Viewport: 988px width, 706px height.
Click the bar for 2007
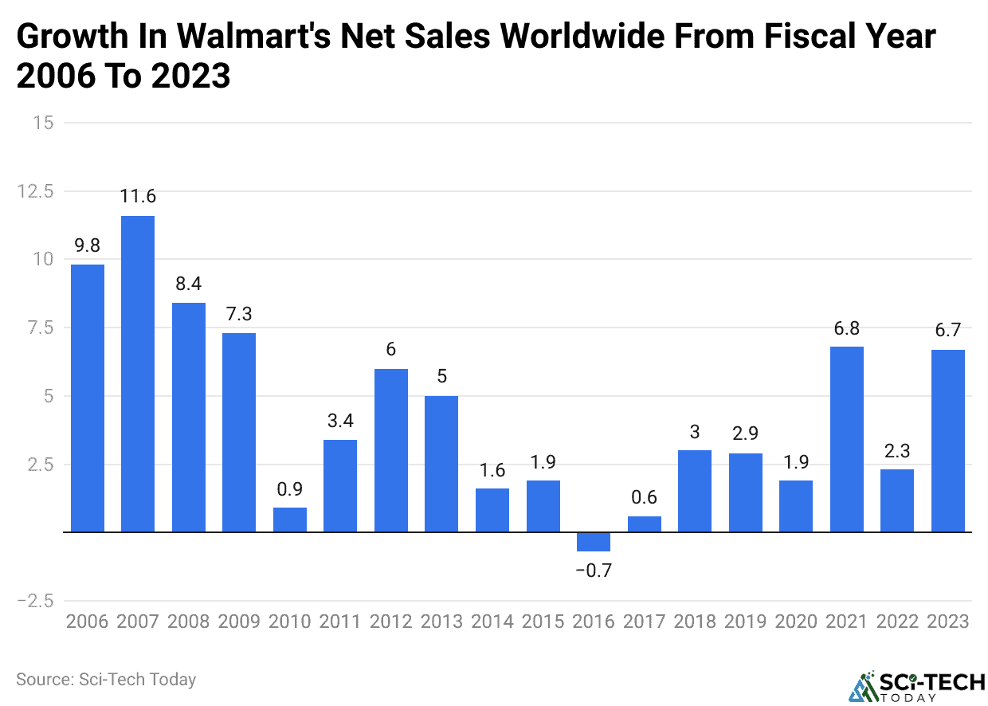coord(138,374)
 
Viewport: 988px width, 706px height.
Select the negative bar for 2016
coord(594,542)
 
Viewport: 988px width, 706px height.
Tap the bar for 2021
coord(847,439)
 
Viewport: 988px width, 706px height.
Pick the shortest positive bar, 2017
coord(645,524)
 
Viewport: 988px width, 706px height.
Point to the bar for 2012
coord(391,450)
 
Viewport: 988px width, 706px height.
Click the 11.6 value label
coord(138,196)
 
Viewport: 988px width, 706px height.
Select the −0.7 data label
coord(594,571)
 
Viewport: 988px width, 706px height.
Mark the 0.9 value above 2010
coord(290,488)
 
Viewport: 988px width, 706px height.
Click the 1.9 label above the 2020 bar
coord(796,461)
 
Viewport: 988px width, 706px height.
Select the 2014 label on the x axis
coord(492,622)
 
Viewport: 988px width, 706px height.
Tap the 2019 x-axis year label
coord(746,622)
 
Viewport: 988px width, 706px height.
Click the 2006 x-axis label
coord(88,622)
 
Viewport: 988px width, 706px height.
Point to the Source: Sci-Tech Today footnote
coord(106,680)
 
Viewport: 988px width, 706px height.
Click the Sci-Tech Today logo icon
coord(862,686)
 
